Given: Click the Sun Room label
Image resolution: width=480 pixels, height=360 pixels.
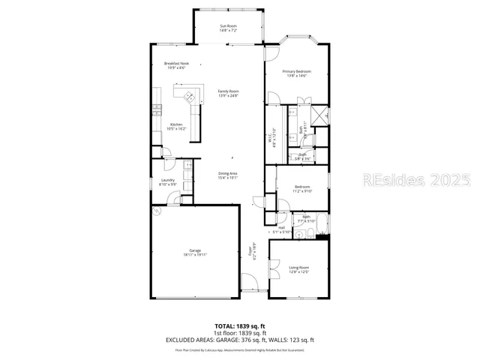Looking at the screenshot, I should (228, 28).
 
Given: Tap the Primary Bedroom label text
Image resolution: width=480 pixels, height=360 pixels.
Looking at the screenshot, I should (296, 73).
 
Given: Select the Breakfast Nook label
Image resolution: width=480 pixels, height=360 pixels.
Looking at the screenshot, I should (176, 65).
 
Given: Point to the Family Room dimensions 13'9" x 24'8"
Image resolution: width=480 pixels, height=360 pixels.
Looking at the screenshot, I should (228, 95).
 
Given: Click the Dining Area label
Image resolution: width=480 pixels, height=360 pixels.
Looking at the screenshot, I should (228, 175).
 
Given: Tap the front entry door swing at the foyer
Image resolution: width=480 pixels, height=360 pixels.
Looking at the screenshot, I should (247, 285).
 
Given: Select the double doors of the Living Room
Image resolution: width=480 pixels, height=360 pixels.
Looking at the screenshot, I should (274, 265).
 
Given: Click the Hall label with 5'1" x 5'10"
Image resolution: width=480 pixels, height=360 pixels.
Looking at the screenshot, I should (281, 229).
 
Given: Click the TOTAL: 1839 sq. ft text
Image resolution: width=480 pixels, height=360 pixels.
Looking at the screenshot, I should (240, 325).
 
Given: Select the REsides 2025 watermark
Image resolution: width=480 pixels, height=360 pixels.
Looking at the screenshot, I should (416, 181).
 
